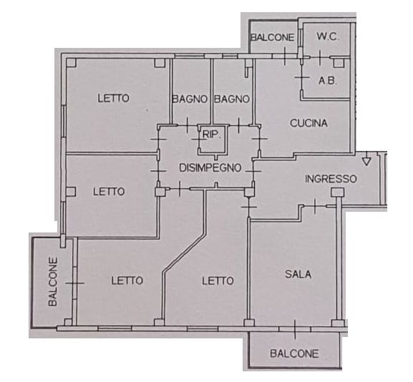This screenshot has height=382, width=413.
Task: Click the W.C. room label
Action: [x=328, y=37]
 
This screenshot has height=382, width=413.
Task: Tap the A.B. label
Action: [x=328, y=81]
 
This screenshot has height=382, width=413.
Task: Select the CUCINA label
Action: [x=308, y=123]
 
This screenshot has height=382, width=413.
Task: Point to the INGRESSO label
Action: [x=331, y=179]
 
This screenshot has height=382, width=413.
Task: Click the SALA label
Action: [x=298, y=274]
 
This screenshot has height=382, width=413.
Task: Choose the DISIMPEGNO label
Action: [x=210, y=167]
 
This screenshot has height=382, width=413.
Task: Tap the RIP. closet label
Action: [x=211, y=134]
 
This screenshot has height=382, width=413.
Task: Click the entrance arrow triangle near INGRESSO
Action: [x=366, y=162]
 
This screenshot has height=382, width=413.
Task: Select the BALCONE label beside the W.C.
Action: [x=272, y=37]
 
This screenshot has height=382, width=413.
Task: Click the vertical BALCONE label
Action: [x=53, y=282]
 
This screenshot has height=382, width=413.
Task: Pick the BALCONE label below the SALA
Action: [x=294, y=353]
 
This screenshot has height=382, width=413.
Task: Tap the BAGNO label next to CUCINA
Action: [x=232, y=99]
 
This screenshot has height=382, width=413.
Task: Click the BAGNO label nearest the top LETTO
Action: [x=190, y=99]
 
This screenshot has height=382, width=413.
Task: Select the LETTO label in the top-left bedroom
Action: [x=114, y=99]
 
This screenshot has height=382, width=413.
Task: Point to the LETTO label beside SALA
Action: [x=218, y=281]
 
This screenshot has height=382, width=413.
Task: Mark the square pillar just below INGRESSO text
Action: [x=338, y=192]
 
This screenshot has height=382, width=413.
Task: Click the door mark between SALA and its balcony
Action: [x=295, y=329]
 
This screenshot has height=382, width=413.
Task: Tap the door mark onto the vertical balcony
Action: [x=75, y=283]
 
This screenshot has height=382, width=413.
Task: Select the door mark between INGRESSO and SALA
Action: [x=315, y=206]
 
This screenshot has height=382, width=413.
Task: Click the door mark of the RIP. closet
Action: [x=199, y=139]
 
